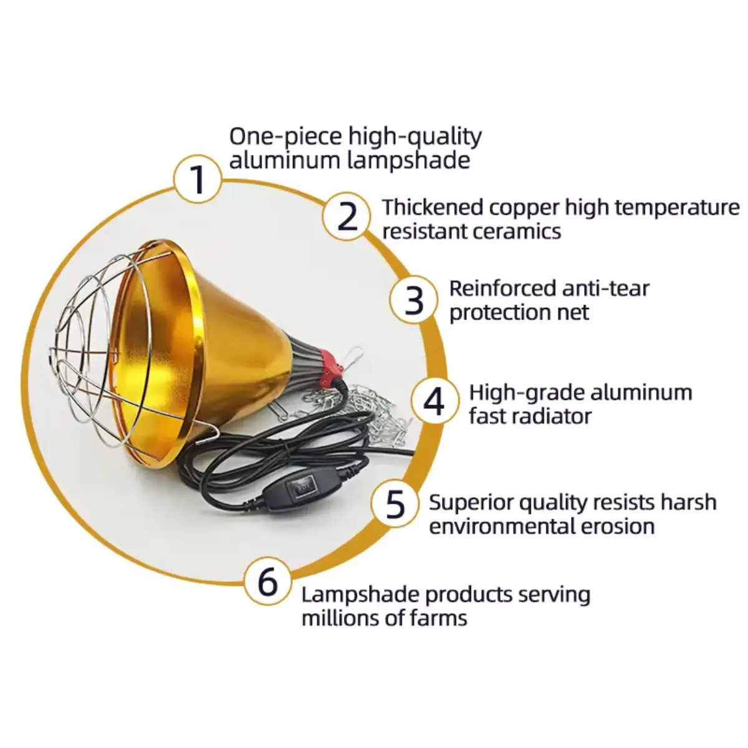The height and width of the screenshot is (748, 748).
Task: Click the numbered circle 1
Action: [198, 179]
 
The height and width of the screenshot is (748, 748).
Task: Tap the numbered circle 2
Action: [347, 216]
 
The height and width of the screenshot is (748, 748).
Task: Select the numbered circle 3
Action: [414, 300]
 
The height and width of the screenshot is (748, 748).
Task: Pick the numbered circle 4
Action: [434, 401]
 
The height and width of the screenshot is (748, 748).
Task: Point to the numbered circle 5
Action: [395, 504]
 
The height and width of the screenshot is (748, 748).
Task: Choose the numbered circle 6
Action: [267, 581]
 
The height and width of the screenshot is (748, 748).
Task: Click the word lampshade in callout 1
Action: [408, 161]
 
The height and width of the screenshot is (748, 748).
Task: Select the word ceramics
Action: [517, 232]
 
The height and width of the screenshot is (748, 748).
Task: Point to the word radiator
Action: [549, 416]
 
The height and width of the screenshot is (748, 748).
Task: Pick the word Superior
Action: [471, 503]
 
